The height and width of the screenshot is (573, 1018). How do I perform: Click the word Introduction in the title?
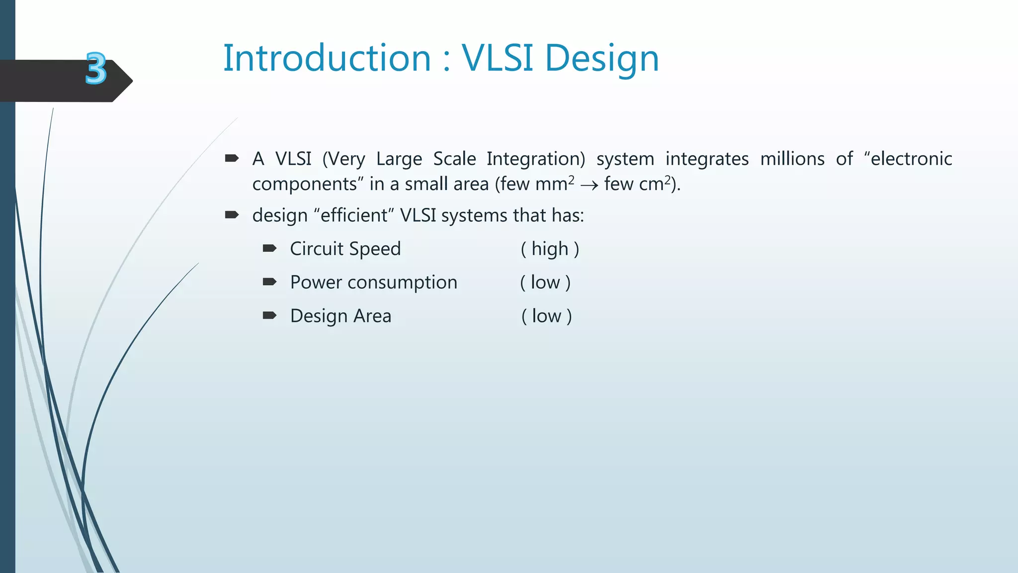coord(327,59)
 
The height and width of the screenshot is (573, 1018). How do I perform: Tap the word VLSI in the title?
coord(498,59)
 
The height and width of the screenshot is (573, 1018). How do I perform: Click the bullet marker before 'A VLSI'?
coord(232,159)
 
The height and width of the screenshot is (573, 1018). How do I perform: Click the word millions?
coord(792,159)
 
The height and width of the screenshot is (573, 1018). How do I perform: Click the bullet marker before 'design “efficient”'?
coord(232,215)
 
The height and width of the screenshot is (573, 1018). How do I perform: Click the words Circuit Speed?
coord(345,249)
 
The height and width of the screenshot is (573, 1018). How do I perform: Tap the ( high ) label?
coord(550,249)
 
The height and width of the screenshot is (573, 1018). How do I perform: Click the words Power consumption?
coord(373,283)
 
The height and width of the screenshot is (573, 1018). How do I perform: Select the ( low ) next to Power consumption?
coord(545,283)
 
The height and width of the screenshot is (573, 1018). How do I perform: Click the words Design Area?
coord(340,316)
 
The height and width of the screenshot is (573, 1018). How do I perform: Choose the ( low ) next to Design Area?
coord(546,316)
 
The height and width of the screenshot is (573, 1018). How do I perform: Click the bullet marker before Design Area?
coord(269,315)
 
